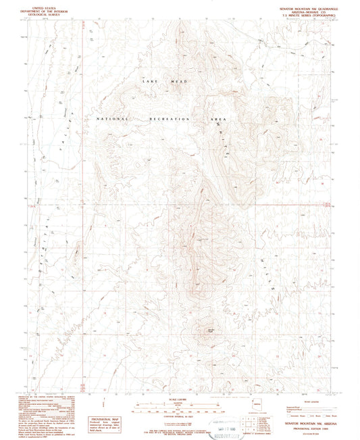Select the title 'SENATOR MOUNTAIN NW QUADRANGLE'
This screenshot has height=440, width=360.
point(303,4)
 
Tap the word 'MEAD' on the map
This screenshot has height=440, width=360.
point(178,82)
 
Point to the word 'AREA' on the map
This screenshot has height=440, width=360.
point(220,119)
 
